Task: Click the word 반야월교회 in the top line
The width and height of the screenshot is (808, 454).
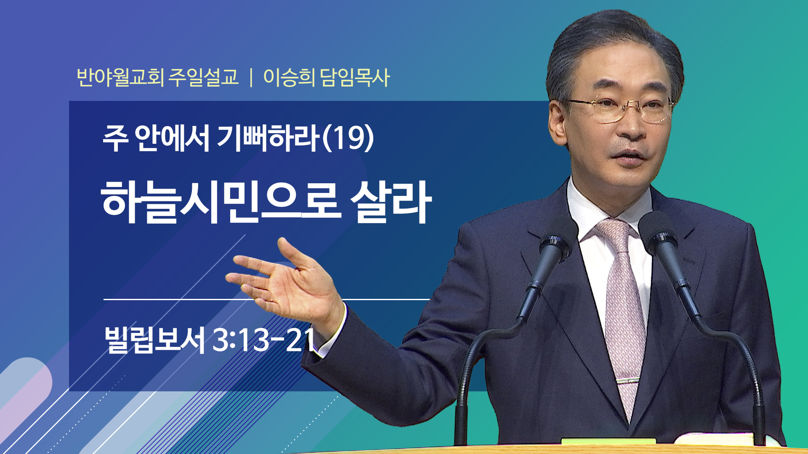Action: pyautogui.click(x=120, y=77)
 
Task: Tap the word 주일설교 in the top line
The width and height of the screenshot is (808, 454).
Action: pyautogui.click(x=204, y=77)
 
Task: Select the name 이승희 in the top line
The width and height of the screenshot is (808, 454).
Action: pyautogui.click(x=289, y=77)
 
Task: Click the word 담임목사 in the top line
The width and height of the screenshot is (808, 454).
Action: pyautogui.click(x=355, y=77)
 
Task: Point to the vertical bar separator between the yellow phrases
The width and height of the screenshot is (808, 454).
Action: pyautogui.click(x=251, y=78)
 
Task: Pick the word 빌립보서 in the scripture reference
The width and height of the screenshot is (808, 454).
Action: pyautogui.click(x=154, y=340)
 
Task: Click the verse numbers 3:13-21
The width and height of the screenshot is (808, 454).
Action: pyautogui.click(x=263, y=340)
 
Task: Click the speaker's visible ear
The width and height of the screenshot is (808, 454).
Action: pyautogui.click(x=558, y=124)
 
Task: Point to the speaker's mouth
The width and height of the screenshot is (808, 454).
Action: pyautogui.click(x=628, y=155)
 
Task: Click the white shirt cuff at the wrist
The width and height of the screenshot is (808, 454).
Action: pyautogui.click(x=332, y=332)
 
